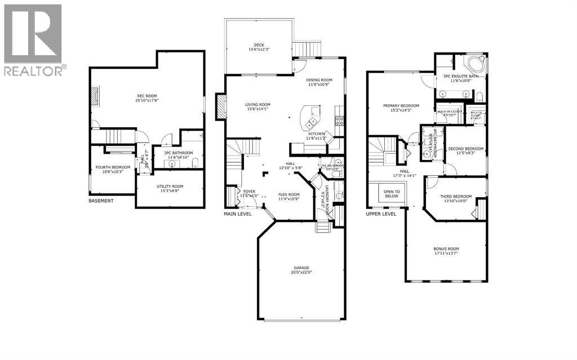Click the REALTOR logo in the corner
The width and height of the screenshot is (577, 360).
pyautogui.click(x=34, y=39)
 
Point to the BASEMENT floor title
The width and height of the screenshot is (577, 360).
pyautogui.click(x=101, y=201)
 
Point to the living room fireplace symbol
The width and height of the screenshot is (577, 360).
pyautogui.click(x=221, y=106)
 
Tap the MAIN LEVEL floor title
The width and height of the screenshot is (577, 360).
pyautogui.click(x=238, y=214)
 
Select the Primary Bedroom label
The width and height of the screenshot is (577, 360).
pyautogui.click(x=401, y=108)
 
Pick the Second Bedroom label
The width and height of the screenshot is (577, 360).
pyautogui.click(x=465, y=151)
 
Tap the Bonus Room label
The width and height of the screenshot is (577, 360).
pyautogui.click(x=446, y=251)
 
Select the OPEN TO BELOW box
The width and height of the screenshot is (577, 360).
pyautogui.click(x=392, y=194)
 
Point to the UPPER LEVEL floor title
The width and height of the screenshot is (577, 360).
pyautogui.click(x=381, y=214)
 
